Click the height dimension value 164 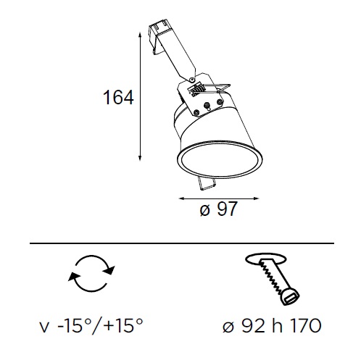pyautogui.click(x=118, y=97)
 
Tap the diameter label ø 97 pyautogui.click(x=219, y=209)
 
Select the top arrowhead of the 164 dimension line pyautogui.click(x=140, y=35)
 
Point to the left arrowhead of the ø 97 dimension pyautogui.click(x=181, y=198)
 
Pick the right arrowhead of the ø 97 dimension pyautogui.click(x=257, y=198)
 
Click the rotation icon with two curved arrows pyautogui.click(x=91, y=273)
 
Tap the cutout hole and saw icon pyautogui.click(x=273, y=279)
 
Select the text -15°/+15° pyautogui.click(x=100, y=326)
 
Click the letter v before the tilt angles pyautogui.click(x=44, y=329)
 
